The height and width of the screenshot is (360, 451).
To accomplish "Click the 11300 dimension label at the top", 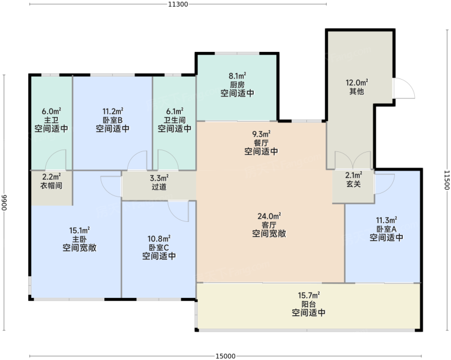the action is click(178, 4).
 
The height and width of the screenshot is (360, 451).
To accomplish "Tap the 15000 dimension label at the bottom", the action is click(225, 356).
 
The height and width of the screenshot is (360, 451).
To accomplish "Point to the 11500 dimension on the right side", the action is click(446, 180).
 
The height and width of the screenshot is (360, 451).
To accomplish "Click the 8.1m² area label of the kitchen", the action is click(238, 76).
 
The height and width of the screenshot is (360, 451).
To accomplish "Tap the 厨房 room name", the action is click(238, 85).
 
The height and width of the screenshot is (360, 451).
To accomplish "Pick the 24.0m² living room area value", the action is click(269, 216).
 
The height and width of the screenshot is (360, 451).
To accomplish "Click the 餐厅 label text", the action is click(261, 143).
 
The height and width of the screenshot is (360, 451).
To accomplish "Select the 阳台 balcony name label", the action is click(309, 304).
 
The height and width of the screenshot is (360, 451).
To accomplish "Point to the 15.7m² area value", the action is click(309, 295).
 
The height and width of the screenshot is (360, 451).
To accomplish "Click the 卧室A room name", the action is click(386, 229).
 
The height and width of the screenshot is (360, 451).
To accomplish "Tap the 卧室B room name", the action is click(113, 120).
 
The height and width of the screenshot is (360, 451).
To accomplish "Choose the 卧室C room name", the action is click(159, 247).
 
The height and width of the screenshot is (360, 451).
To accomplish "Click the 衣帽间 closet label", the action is click(51, 185).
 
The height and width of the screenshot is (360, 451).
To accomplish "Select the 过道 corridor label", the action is click(159, 187).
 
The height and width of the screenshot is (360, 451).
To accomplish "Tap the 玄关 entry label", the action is click(353, 184).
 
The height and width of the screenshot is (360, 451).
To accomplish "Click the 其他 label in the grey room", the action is click(357, 92).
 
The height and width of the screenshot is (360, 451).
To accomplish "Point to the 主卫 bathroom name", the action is click(51, 120).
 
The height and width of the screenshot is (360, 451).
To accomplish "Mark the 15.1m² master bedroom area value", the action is click(80, 230).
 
